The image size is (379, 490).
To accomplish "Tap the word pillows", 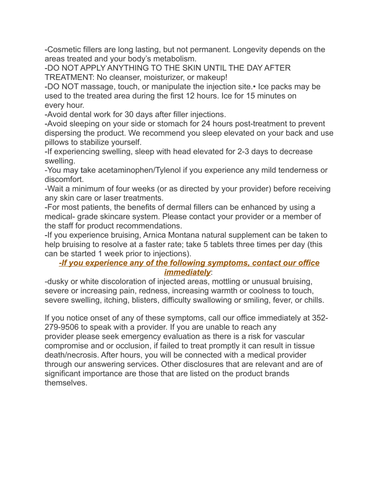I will pos(58,143).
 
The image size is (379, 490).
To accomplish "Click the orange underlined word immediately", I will pos(187,272).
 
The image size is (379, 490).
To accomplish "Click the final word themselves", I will pos(65,383).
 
